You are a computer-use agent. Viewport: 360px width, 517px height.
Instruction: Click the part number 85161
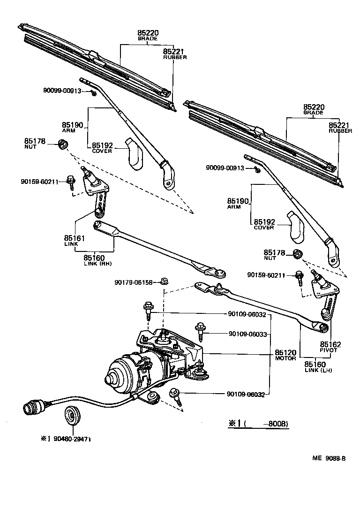click(74, 238)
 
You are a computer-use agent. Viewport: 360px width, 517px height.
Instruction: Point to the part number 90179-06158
click(133, 282)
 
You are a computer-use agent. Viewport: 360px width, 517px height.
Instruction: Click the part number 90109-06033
click(247, 334)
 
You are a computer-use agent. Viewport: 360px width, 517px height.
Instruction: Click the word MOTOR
click(285, 358)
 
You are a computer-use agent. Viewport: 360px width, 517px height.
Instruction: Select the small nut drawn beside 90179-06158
click(164, 281)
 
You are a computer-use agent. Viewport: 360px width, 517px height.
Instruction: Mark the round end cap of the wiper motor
click(113, 377)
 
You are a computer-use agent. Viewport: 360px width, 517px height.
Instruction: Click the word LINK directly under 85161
click(71, 244)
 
